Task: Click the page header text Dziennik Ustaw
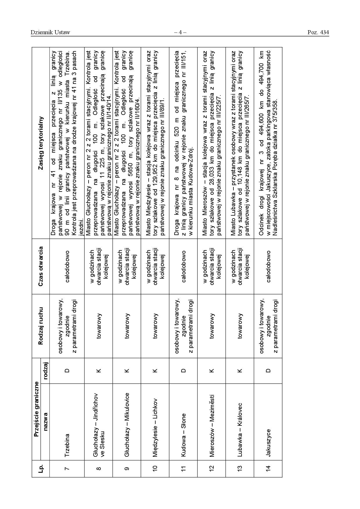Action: click(50, 33)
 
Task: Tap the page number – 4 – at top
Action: click(180, 33)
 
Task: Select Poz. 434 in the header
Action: click(318, 33)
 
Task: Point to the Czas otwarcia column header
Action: click(41, 266)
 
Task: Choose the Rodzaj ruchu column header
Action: click(41, 326)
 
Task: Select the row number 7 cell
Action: click(67, 468)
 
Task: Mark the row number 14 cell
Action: click(269, 468)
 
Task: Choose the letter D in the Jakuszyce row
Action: click(269, 371)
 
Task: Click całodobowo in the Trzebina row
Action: click(67, 266)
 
